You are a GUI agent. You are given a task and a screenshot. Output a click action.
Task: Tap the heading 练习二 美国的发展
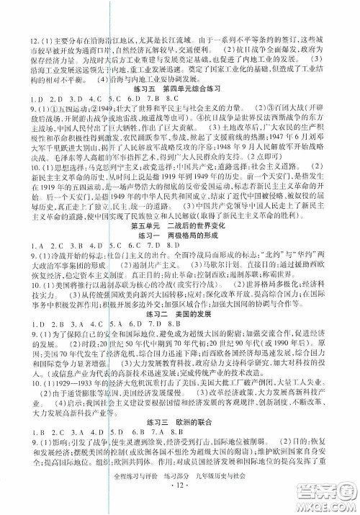click(171, 344)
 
